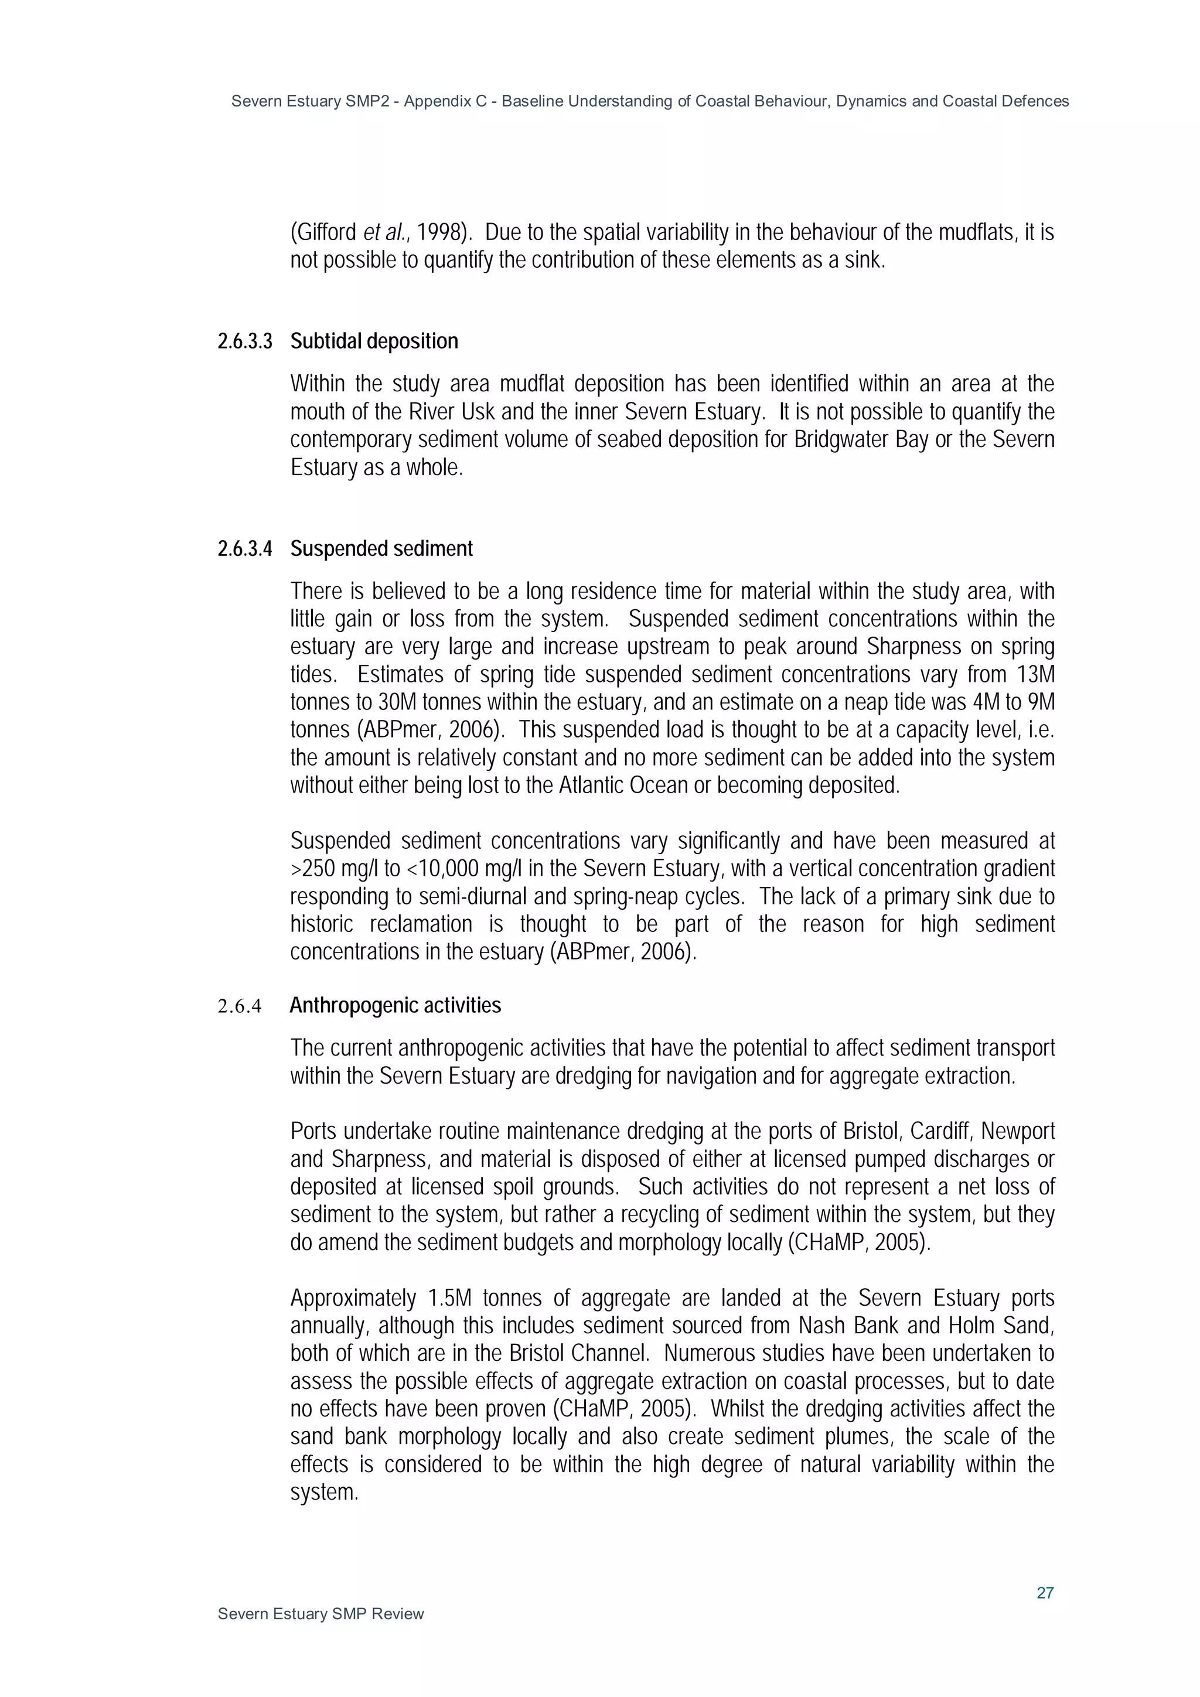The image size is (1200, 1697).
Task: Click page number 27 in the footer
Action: [x=1044, y=1592]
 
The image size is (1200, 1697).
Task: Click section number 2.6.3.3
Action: [x=245, y=342]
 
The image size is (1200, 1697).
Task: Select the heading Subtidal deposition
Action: [x=374, y=342]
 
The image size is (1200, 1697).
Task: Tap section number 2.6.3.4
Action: [x=245, y=549]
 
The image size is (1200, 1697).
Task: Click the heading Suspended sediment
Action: [x=381, y=549]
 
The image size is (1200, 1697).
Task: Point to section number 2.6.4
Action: [x=240, y=1006]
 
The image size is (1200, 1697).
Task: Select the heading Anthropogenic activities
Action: [x=396, y=1006]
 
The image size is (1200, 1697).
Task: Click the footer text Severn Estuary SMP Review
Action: [x=321, y=1613]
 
